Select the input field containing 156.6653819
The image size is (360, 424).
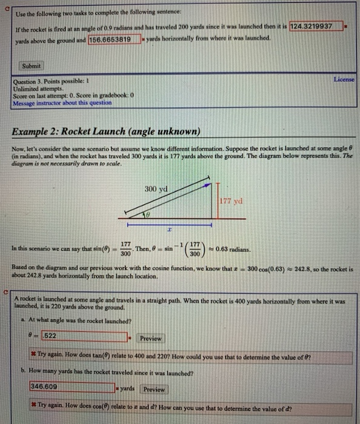coord(113,39)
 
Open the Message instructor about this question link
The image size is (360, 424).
coord(62,103)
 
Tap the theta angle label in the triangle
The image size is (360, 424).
coord(145,215)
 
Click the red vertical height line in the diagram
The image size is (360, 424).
coord(218,199)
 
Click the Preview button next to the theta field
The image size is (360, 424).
coord(150,338)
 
